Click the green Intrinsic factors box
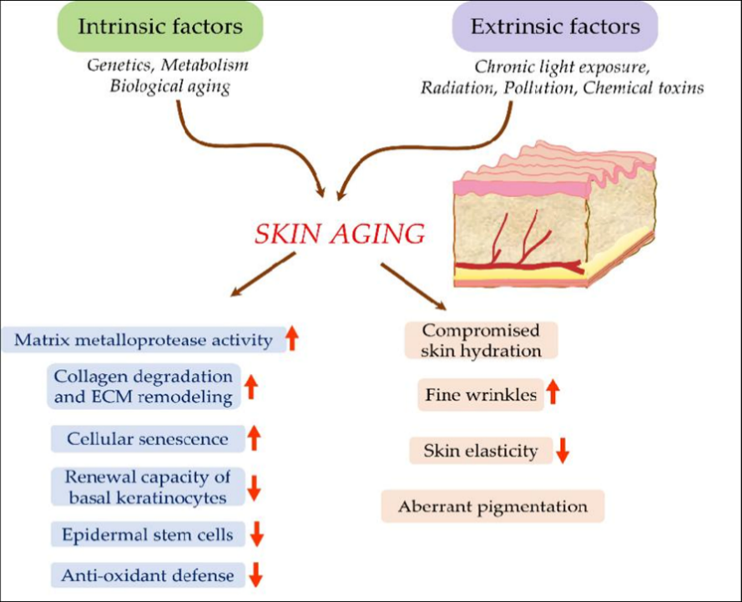coord(160,27)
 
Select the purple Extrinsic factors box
coord(555,27)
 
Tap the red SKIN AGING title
coord(341,233)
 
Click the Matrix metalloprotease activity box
coord(143,340)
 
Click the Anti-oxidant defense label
coord(148,574)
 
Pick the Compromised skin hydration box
coord(481,341)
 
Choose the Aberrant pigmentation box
coord(492,506)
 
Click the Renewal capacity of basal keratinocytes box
coord(147,486)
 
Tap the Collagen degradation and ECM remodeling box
coord(143,386)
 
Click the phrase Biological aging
coord(169,87)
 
